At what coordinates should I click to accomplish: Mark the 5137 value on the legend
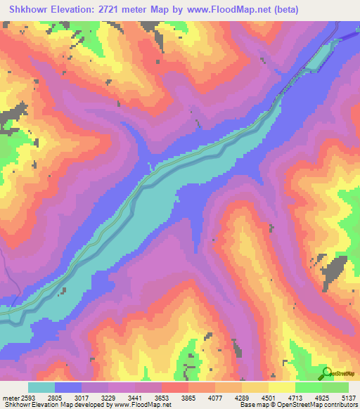coord(347,398)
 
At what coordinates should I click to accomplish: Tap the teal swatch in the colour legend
coord(41,387)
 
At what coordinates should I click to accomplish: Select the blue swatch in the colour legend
coord(68,387)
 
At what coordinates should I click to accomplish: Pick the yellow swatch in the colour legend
coord(282,387)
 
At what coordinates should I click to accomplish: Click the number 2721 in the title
coord(124,10)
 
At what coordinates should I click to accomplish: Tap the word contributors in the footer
coord(341,405)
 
